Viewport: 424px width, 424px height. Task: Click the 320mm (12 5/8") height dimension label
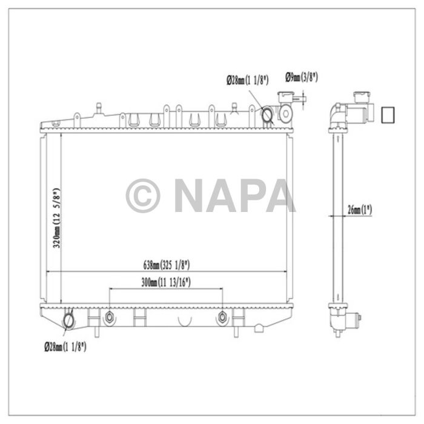click(57, 218)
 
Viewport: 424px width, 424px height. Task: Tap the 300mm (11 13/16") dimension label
click(163, 282)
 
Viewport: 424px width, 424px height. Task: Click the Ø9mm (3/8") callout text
click(302, 77)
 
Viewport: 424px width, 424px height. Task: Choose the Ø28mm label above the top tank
click(245, 80)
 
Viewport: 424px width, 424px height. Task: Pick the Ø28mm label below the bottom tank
click(65, 347)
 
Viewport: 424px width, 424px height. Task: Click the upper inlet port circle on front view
click(267, 114)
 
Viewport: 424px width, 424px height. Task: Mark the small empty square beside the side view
click(386, 114)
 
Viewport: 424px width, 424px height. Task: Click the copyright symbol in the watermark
click(142, 196)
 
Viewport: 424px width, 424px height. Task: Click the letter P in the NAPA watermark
click(251, 196)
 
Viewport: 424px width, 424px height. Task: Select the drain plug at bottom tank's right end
click(259, 328)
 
